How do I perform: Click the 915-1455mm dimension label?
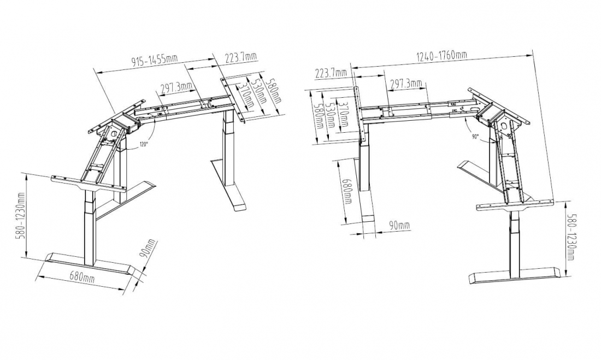pyautogui.click(x=155, y=60)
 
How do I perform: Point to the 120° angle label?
pyautogui.click(x=143, y=145)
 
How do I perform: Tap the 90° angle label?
pyautogui.click(x=475, y=137)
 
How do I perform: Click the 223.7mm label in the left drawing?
pyautogui.click(x=241, y=57)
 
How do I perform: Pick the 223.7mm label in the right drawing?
pyautogui.click(x=331, y=73)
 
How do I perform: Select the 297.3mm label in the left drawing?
pyautogui.click(x=176, y=87)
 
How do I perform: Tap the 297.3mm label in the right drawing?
pyautogui.click(x=406, y=83)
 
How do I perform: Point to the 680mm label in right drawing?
pyautogui.click(x=347, y=191)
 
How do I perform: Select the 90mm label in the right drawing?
pyautogui.click(x=399, y=226)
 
